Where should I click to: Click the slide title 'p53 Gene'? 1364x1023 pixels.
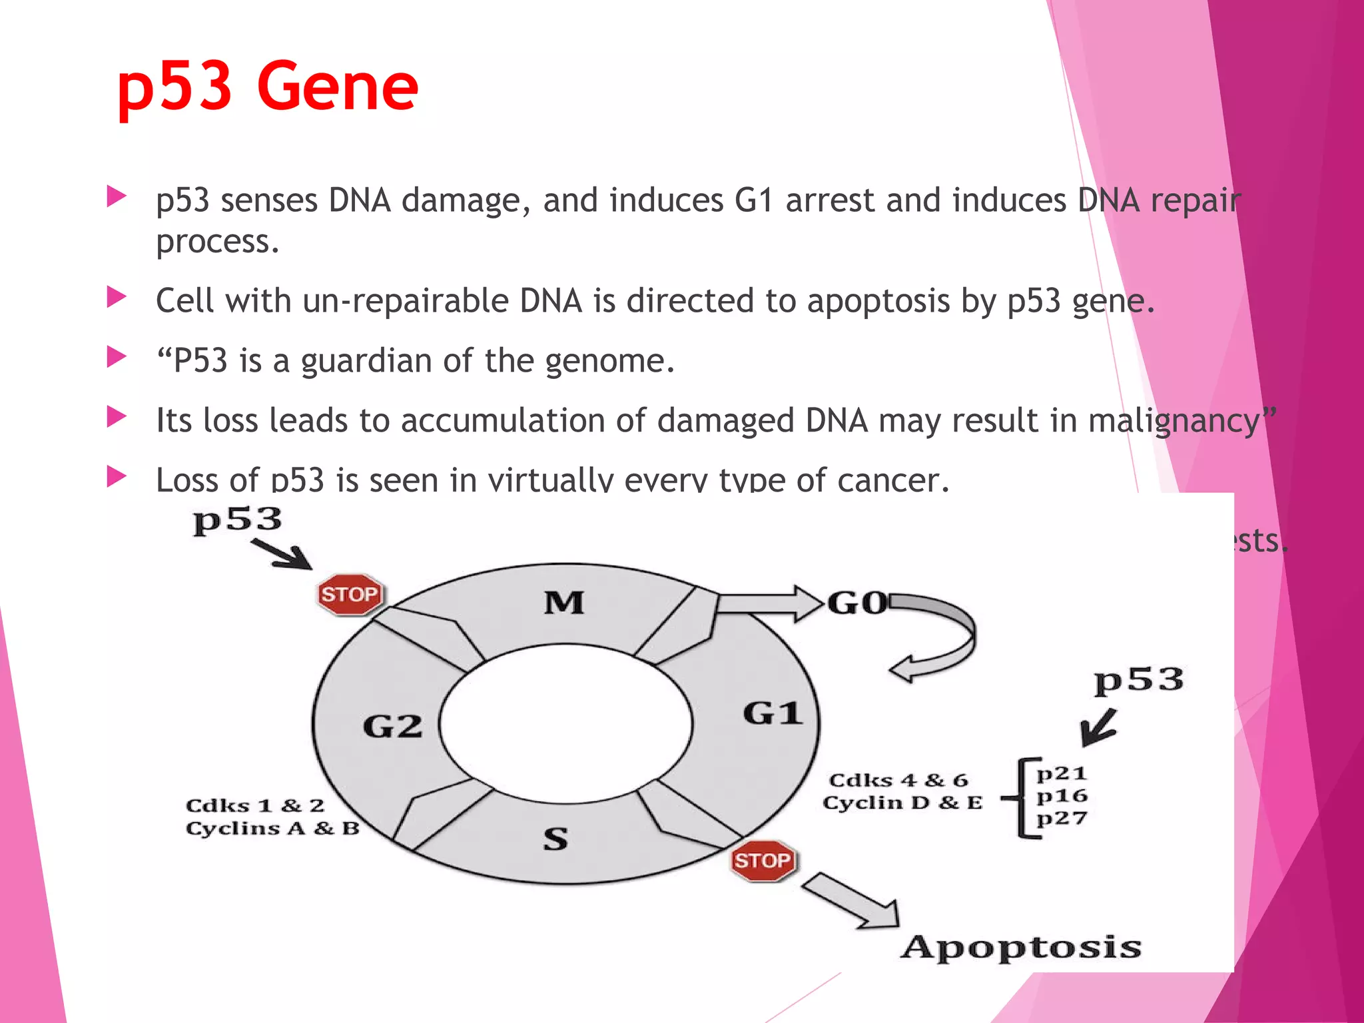[267, 87]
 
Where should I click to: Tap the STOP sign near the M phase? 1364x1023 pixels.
[350, 594]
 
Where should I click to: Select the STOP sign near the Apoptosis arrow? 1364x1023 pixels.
[762, 860]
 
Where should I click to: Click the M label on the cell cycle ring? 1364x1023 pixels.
[564, 603]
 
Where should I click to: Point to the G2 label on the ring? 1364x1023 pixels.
[392, 726]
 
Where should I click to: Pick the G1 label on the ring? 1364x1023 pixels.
[773, 713]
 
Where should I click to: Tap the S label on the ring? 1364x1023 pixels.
[555, 839]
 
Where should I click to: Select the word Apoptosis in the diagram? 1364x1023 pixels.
[1021, 947]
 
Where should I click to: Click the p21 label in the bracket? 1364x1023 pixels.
[1062, 773]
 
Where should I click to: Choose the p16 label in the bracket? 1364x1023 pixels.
[1062, 796]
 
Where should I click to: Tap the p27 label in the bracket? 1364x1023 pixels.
[1062, 818]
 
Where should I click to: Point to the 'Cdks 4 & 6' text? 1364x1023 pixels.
[898, 780]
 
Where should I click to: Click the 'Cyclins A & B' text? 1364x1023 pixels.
[272, 829]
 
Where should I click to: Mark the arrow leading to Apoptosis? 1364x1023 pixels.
[852, 902]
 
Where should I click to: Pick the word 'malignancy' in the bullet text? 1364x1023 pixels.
[1174, 421]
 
